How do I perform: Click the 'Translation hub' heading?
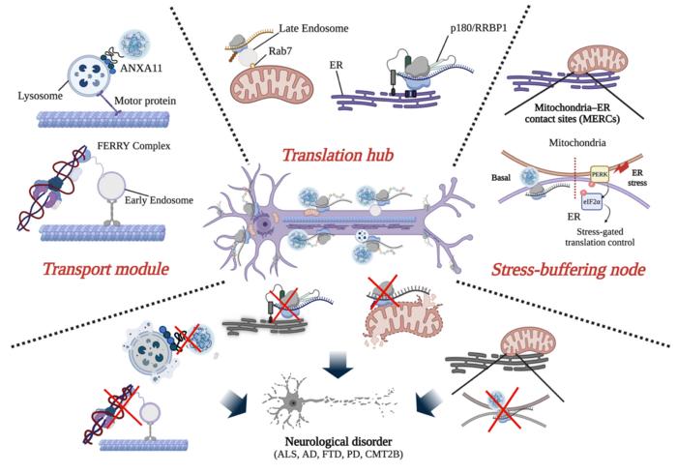[338, 155]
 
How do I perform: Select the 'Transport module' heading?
[105, 269]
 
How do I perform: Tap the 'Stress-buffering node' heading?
[569, 270]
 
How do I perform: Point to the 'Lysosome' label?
[41, 96]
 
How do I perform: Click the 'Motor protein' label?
[145, 101]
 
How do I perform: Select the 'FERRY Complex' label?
[133, 146]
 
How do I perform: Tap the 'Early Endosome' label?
[159, 200]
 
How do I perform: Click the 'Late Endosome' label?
[314, 28]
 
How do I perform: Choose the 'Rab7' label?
[280, 51]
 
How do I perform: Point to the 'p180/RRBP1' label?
[479, 28]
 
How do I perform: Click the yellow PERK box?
[600, 174]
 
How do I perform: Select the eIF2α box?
[591, 201]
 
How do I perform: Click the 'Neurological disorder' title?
[338, 442]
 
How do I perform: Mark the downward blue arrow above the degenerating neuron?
[338, 366]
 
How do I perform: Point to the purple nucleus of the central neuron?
[262, 224]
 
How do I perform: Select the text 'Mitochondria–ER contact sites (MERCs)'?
[572, 112]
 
